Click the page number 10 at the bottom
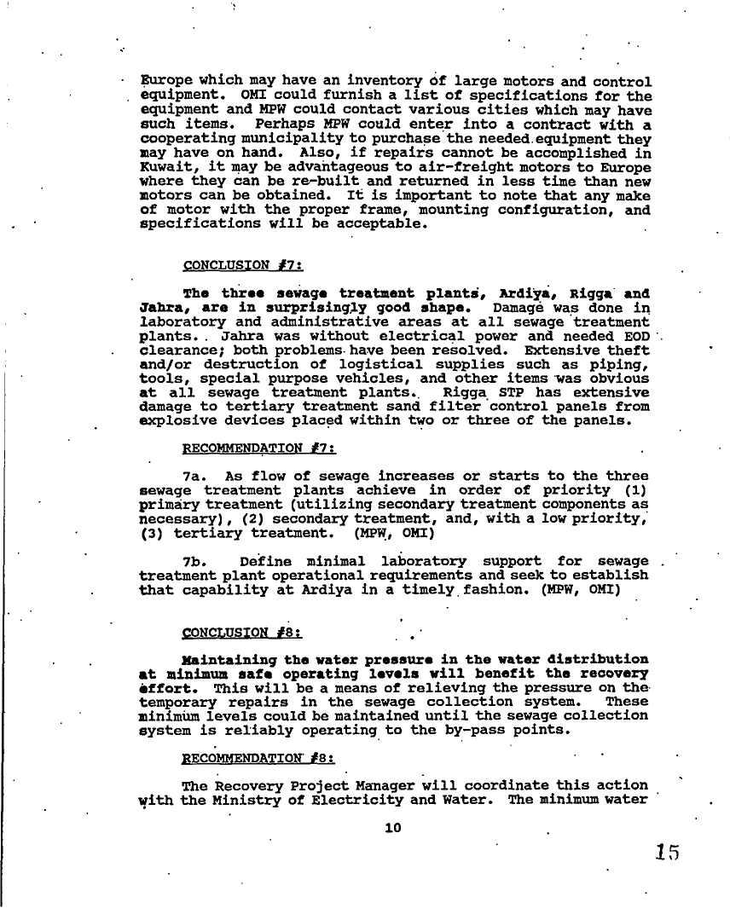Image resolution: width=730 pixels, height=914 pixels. pos(392,827)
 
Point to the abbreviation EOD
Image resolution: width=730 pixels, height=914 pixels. pos(635,336)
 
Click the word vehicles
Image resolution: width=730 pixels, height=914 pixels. pos(359,378)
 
